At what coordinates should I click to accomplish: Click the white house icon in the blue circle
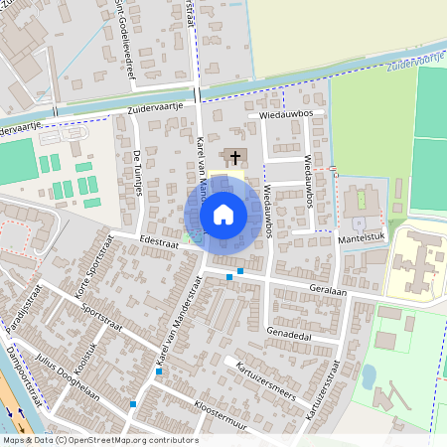[x=223, y=214]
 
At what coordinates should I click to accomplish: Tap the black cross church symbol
[x=234, y=157]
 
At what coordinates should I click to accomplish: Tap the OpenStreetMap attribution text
[x=100, y=440]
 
